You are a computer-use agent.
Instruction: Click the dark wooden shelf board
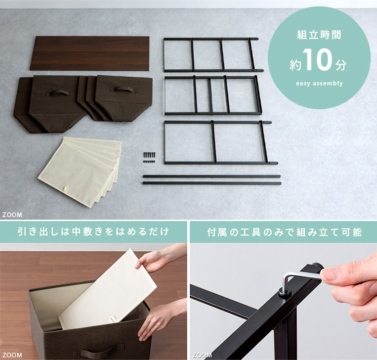[90, 54]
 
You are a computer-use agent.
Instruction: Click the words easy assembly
[319, 83]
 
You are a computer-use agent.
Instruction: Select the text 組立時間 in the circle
[319, 35]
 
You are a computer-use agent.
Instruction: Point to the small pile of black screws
[149, 157]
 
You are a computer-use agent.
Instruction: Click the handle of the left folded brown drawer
[58, 93]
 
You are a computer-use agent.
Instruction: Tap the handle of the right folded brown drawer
[124, 89]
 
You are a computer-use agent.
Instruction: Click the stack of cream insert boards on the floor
[81, 171]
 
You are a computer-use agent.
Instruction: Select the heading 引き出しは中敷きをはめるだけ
[93, 232]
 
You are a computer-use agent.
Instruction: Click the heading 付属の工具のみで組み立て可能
[284, 232]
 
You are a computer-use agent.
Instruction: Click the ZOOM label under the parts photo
[13, 214]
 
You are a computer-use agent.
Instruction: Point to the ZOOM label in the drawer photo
[13, 355]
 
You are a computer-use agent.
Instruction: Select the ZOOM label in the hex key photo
[202, 355]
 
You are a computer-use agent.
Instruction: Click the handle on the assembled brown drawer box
[99, 351]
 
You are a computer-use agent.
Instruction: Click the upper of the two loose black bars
[212, 177]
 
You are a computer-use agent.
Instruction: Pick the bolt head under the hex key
[285, 293]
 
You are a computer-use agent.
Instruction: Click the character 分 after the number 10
[341, 65]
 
